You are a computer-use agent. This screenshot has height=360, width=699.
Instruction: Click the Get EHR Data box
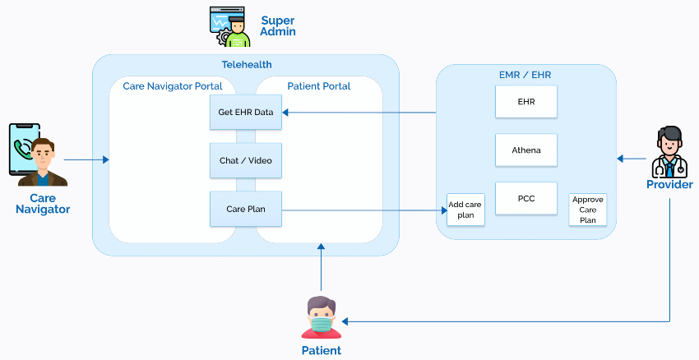coord(246,112)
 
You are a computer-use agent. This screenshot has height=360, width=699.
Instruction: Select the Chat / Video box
coord(246,160)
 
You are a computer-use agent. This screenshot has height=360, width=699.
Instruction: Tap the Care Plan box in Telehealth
coord(246,209)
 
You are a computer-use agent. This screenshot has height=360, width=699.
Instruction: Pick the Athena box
coord(525,150)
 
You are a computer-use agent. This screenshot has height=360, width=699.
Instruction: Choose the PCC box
coord(525,198)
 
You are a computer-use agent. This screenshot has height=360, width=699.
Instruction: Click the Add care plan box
coord(465,210)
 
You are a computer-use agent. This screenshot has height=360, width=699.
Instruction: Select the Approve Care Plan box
coord(588,210)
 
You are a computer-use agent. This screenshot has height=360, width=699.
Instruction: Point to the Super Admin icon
coord(230,28)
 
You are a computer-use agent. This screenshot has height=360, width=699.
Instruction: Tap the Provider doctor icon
coord(669,153)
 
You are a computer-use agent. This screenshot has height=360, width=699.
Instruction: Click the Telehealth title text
coord(247,65)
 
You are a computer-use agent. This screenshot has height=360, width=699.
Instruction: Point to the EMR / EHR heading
coord(525,75)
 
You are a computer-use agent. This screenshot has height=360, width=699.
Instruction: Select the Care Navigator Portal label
coord(173,86)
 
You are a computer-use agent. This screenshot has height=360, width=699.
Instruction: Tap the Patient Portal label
coord(319,86)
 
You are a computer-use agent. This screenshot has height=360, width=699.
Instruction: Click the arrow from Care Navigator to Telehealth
coord(86,159)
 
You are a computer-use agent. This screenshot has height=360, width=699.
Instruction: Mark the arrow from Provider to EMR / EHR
coord(633,159)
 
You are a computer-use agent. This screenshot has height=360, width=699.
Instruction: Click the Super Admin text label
coord(278,26)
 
